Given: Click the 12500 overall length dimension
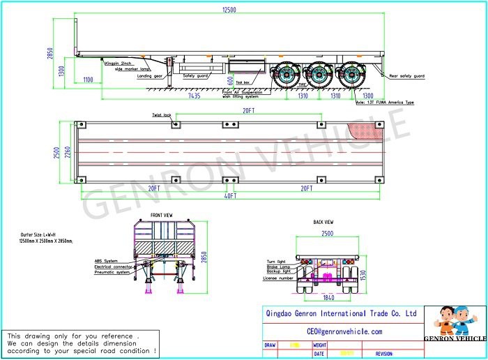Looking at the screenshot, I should (231, 10).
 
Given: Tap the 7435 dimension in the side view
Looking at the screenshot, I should (194, 96).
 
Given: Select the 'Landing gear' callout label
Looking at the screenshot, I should (151, 76).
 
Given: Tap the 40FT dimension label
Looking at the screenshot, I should (230, 197).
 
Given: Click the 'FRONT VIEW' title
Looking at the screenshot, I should (161, 215).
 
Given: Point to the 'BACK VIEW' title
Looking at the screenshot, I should (323, 222).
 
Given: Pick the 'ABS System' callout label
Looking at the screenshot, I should (107, 261).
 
